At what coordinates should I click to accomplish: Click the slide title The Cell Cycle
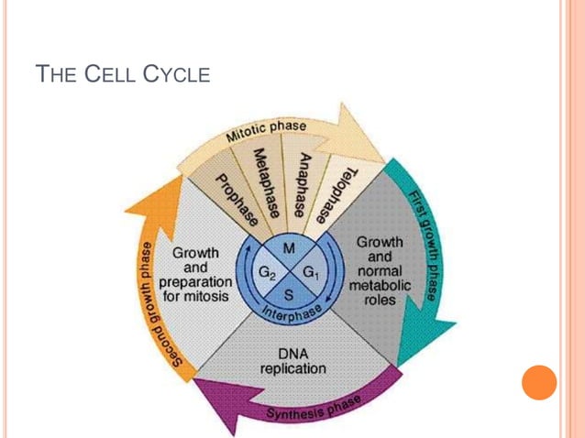tap(122, 74)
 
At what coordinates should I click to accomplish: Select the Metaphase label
tap(267, 184)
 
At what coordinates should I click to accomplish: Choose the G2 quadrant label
tap(266, 272)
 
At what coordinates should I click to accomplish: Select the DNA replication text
tap(292, 361)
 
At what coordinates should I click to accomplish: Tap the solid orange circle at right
tap(539, 382)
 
